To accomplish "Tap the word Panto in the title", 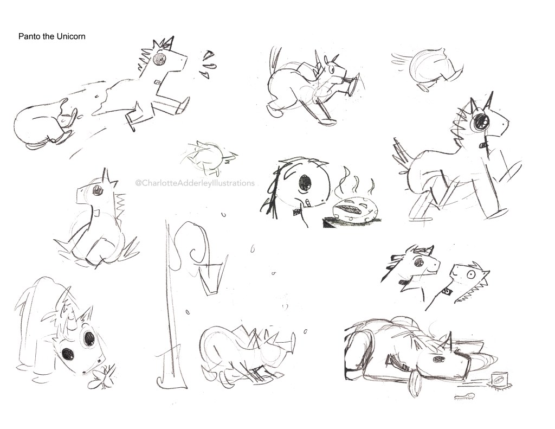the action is pos(27,36).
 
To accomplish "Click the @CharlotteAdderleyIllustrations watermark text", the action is pos(195,183).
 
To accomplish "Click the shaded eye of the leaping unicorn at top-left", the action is pos(159,59).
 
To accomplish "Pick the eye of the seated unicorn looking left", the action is pos(96,191).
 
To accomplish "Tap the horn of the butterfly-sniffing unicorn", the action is pos(67,300).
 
